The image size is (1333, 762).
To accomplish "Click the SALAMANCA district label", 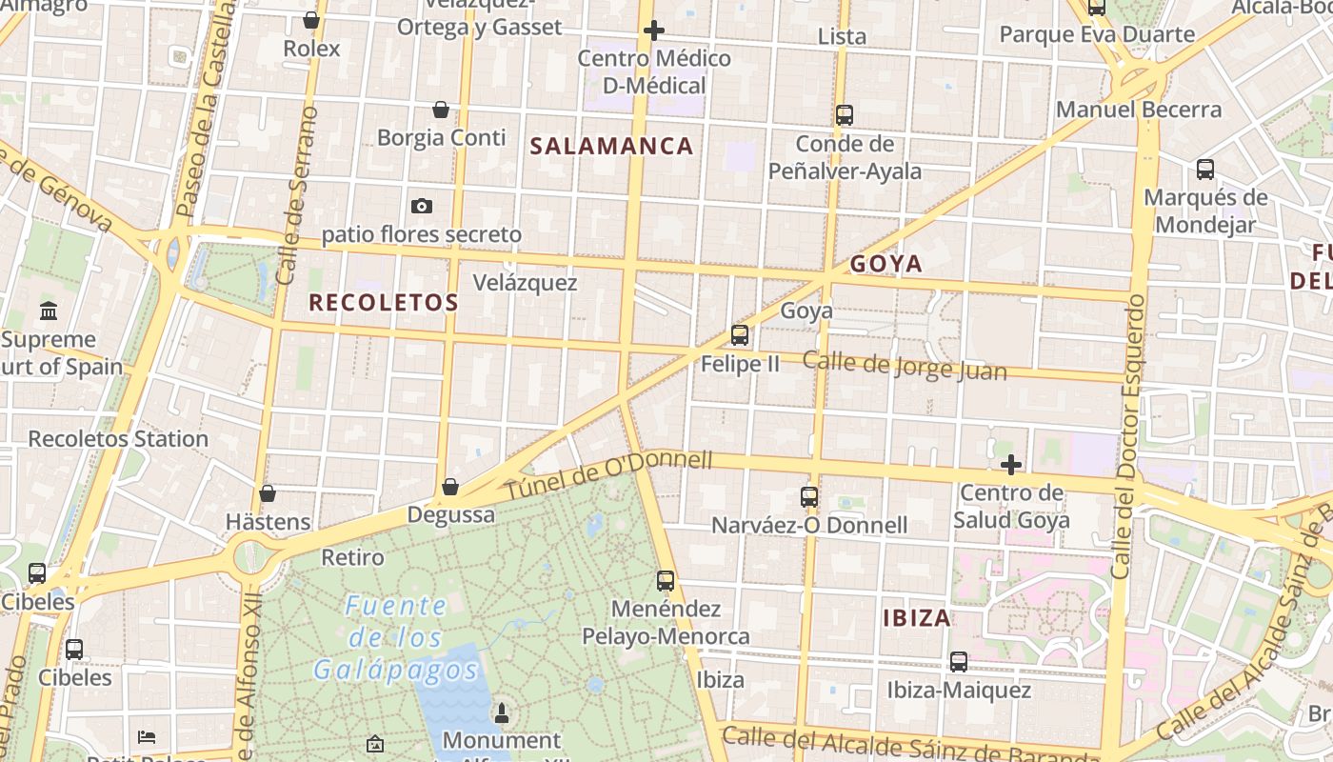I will (x=611, y=147).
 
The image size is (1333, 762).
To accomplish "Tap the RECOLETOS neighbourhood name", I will (x=384, y=303).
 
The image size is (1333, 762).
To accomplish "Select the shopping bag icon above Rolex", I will (x=311, y=20).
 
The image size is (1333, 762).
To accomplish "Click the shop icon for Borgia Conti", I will (x=441, y=110).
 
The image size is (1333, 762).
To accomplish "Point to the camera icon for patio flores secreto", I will (x=421, y=206).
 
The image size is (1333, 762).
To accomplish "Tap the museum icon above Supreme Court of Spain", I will (x=49, y=311).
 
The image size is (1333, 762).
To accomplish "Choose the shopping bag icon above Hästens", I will (x=268, y=493).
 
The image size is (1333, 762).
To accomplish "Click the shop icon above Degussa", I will (x=450, y=488).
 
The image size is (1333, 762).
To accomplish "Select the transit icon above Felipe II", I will (x=740, y=335).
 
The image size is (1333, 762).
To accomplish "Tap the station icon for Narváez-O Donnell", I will (x=809, y=496).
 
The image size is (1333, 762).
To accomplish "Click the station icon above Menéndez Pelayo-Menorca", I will (x=666, y=580).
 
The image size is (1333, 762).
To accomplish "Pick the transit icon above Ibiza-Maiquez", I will (x=959, y=661).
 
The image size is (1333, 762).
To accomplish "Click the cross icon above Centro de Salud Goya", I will (x=1011, y=465).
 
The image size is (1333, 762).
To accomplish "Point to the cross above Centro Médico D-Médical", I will (x=654, y=30).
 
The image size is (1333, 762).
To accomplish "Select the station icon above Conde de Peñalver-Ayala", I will (x=845, y=115).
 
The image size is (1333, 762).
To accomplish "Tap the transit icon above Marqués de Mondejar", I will (x=1205, y=170).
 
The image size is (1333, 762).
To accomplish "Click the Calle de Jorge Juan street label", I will (x=904, y=366).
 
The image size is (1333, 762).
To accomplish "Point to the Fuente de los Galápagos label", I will (x=396, y=637).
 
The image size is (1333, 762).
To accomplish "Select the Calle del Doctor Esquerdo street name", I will (x=1129, y=436).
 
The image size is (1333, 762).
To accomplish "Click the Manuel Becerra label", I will (x=1139, y=110).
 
